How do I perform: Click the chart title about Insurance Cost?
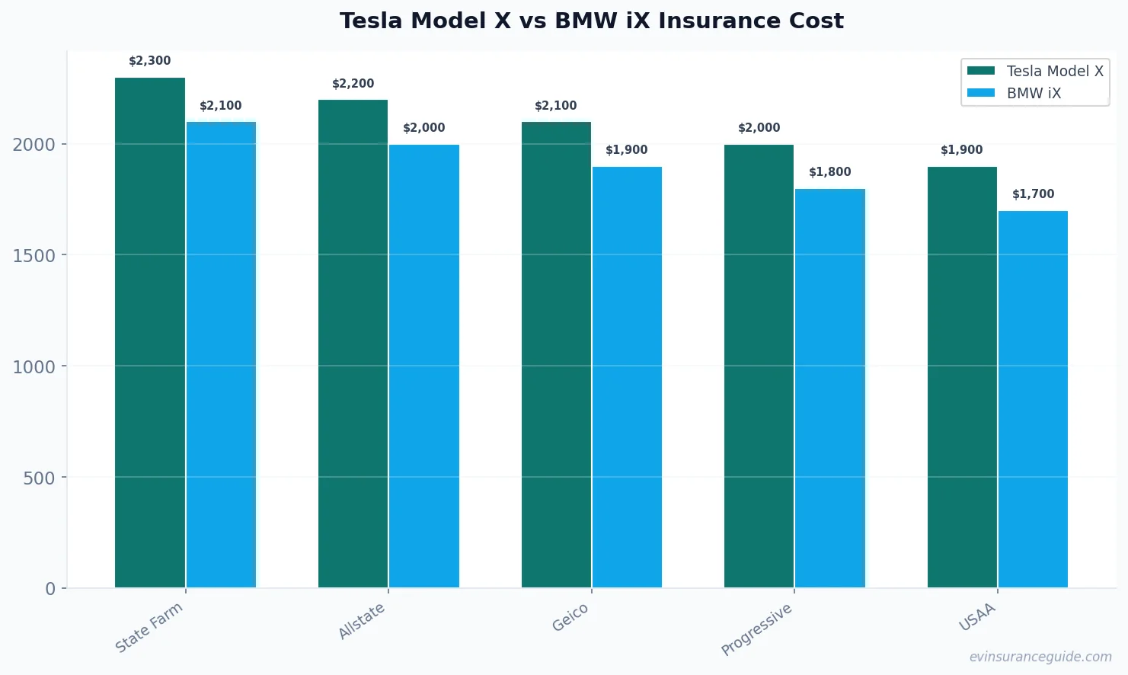591,21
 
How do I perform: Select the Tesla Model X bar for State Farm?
150,332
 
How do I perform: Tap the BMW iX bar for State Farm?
221,354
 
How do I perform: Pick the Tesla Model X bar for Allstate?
353,344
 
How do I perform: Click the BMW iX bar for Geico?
627,377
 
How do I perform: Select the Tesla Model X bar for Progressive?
759,366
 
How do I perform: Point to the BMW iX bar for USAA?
1033,399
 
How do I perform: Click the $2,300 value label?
150,61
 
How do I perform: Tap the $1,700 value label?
1033,194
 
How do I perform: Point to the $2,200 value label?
353,84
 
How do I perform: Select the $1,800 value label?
829,172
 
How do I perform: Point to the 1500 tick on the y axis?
34,255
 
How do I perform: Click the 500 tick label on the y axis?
39,478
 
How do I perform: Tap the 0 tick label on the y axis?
50,589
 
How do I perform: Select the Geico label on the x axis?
570,617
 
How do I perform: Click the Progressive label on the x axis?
756,629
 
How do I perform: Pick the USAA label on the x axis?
977,617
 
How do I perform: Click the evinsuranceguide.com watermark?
1040,657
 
